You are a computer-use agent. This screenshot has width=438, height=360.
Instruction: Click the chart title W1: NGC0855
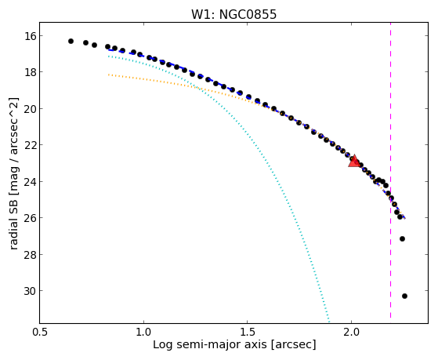click(x=233, y=15)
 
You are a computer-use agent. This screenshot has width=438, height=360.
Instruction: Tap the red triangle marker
click(x=354, y=161)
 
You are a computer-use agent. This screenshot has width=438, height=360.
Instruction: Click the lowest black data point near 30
click(x=404, y=296)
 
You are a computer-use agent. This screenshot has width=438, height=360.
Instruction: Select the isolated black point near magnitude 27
click(x=402, y=238)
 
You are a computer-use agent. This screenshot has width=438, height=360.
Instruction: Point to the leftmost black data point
click(x=71, y=41)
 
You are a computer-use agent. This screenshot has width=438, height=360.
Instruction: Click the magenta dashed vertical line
click(x=390, y=170)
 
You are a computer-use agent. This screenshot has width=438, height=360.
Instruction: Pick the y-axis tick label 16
click(x=30, y=36)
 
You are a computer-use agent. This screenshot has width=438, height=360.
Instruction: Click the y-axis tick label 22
click(x=30, y=145)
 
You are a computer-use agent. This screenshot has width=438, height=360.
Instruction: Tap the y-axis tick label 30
click(x=30, y=291)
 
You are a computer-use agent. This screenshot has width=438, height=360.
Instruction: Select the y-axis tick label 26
click(x=30, y=218)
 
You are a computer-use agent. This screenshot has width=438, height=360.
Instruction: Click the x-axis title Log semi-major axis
click(x=209, y=344)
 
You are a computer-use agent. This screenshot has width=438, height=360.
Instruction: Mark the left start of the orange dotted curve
click(x=109, y=75)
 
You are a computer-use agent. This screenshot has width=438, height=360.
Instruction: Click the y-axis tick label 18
click(x=30, y=72)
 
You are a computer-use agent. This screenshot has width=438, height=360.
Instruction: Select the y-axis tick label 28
click(x=30, y=255)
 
